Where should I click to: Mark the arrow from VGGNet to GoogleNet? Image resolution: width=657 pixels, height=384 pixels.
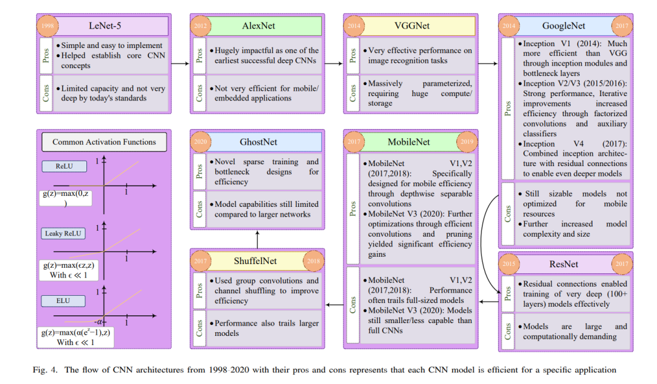487,63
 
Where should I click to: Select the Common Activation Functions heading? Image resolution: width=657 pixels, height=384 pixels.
104,142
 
